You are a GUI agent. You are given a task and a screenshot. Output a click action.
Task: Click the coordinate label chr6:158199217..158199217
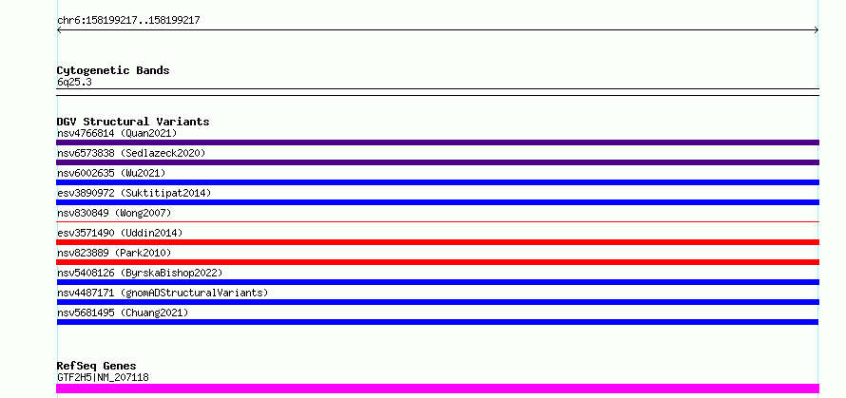tap(128, 21)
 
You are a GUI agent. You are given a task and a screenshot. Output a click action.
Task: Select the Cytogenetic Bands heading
tap(113, 70)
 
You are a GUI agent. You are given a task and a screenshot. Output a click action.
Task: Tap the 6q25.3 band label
tap(74, 82)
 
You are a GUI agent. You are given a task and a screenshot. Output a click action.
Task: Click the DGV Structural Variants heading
tap(133, 122)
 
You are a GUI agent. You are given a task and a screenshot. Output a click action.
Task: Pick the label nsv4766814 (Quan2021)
tap(117, 133)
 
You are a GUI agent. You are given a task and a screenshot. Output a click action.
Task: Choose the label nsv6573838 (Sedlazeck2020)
tap(131, 153)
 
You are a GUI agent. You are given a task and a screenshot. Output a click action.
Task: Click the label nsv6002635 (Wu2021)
tap(111, 173)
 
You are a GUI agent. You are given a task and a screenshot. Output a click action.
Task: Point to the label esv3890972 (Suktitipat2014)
tap(134, 193)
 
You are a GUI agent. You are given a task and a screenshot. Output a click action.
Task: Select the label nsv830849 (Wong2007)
tap(114, 213)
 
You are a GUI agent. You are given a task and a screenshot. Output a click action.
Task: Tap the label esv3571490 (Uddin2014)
tap(120, 233)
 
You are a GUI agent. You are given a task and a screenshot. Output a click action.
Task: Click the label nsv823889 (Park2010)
tap(114, 253)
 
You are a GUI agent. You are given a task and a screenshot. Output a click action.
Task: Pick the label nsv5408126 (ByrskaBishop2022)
tap(140, 273)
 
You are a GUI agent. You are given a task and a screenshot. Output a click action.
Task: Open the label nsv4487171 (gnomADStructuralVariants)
tap(163, 293)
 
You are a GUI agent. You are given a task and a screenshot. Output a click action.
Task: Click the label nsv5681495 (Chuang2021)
tap(123, 313)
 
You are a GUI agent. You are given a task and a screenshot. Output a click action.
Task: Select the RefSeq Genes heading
tap(96, 366)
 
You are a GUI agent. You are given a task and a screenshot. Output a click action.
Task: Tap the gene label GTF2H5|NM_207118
tap(103, 377)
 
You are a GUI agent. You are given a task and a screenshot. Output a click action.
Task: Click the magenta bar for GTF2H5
tap(437, 389)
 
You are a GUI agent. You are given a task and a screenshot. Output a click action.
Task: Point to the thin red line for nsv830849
tap(437, 221)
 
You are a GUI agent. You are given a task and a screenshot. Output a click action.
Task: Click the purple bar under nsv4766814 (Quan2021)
tap(437, 142)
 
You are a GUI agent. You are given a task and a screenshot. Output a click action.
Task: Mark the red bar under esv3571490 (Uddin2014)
tap(437, 242)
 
